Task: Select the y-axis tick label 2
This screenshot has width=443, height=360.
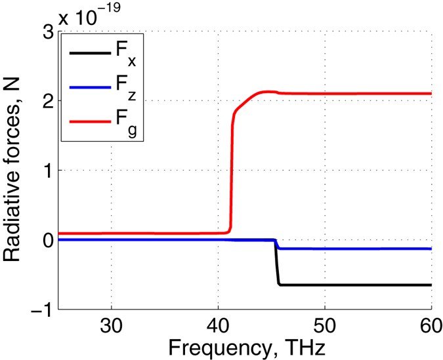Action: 47,101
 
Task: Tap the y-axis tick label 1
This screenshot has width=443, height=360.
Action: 47,170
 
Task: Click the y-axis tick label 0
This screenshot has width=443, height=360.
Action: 47,240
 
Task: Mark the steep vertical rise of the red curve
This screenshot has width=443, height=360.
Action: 232,177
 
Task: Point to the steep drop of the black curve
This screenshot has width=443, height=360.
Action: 276,266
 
